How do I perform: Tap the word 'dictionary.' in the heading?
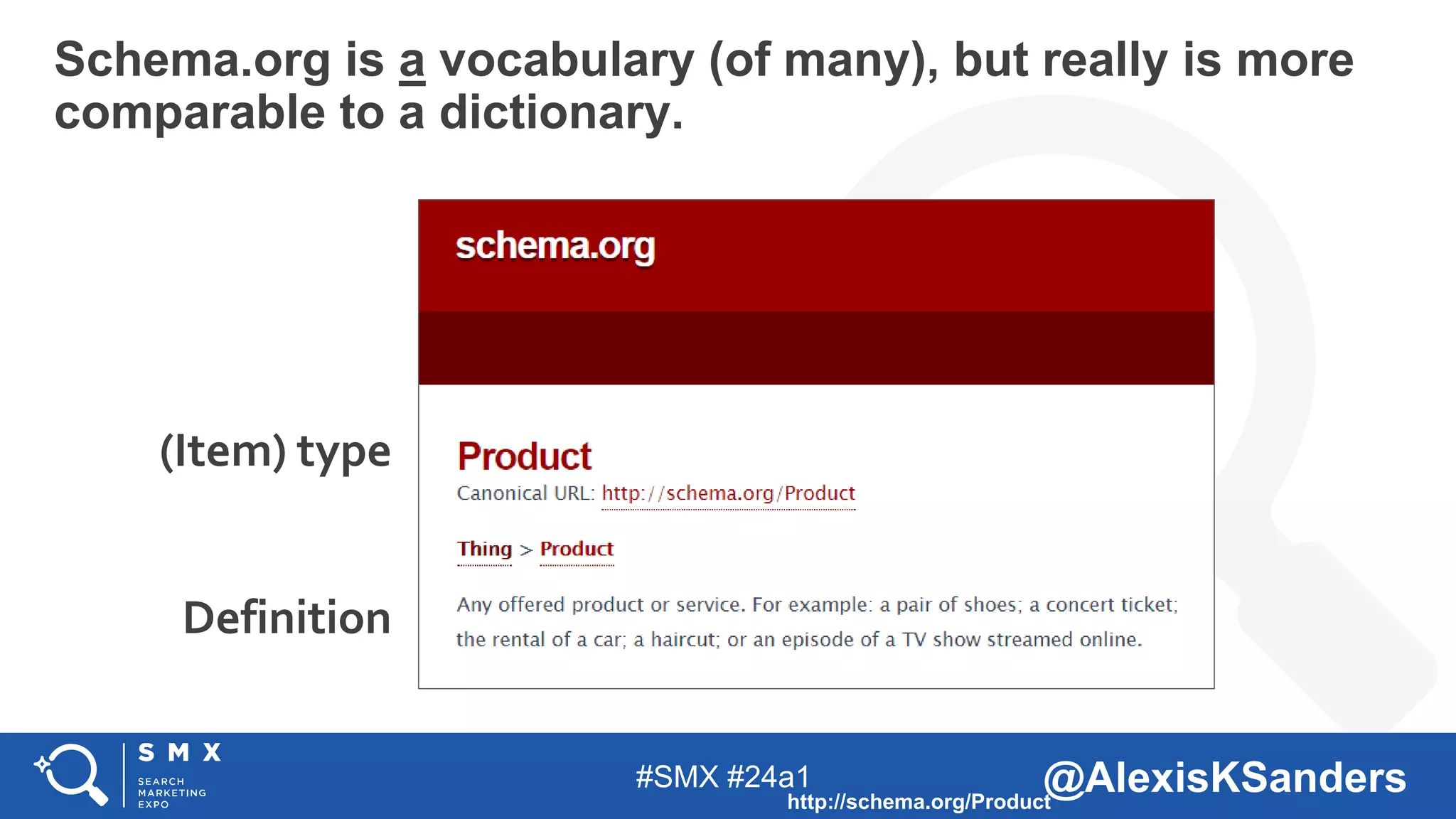[x=561, y=113]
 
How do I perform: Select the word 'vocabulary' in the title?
[x=567, y=61]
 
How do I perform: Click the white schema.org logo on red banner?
[x=555, y=247]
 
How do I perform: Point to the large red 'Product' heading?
[x=525, y=456]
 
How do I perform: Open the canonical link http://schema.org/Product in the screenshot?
[x=728, y=493]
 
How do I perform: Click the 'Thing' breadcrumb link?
[x=484, y=549]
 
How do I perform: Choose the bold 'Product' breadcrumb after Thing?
[x=577, y=549]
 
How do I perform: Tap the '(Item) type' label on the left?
[x=275, y=452]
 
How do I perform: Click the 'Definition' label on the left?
[x=287, y=617]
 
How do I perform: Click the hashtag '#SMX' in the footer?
[x=677, y=777]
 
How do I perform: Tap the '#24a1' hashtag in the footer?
[x=769, y=777]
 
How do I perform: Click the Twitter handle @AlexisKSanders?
[x=1224, y=777]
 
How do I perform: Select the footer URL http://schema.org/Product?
[x=919, y=802]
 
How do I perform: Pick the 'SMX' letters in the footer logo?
[x=180, y=753]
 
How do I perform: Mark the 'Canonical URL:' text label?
[x=525, y=493]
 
